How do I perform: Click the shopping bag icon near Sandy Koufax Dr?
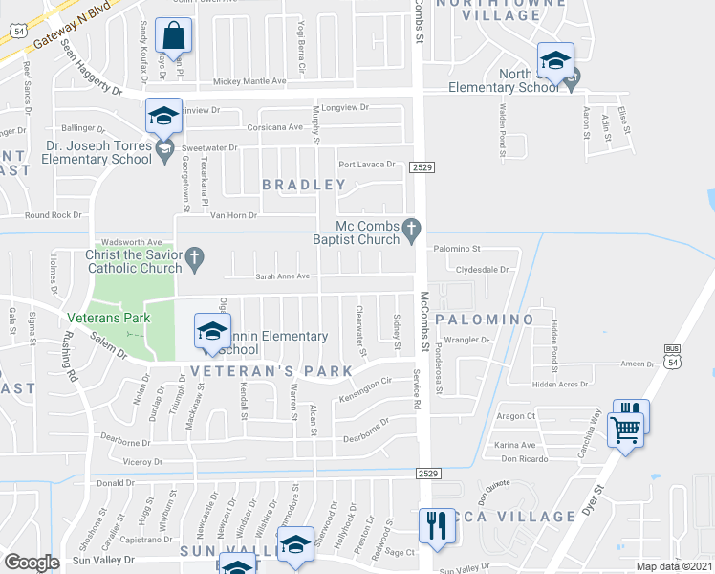coord(174,37)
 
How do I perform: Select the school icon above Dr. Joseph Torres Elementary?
coord(163,117)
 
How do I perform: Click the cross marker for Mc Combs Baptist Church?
coord(412,228)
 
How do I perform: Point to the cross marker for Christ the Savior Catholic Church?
coord(194,256)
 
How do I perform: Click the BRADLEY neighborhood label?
coord(304,184)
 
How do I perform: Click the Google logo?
coord(32,562)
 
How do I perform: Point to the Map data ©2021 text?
coord(673,566)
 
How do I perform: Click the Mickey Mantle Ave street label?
coord(249,82)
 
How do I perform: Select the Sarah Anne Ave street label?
coord(282,276)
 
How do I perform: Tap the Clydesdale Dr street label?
coord(483,270)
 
